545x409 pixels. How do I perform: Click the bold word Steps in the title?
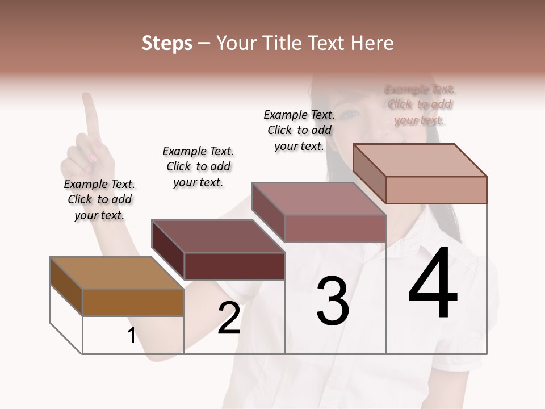167,43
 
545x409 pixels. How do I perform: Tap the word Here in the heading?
371,43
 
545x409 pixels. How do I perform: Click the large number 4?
433,284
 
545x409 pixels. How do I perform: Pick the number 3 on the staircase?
332,301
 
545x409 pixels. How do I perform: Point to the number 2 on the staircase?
229,319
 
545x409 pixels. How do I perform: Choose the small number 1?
131,336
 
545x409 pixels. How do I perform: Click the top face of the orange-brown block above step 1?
117,273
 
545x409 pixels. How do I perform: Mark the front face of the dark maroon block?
234,266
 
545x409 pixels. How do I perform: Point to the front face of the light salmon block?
436,190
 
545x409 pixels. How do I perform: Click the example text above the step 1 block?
99,199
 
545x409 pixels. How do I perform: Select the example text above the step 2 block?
198,166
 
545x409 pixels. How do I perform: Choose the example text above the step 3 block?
299,130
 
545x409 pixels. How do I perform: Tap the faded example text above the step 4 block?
420,105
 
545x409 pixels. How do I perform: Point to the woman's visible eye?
352,115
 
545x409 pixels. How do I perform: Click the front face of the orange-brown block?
133,302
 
